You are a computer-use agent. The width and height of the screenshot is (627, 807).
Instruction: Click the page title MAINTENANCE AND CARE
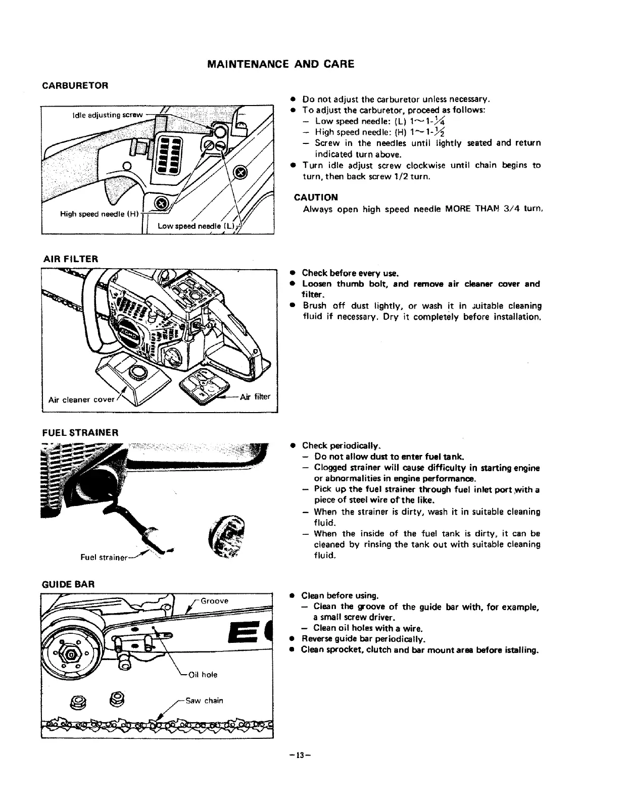(x=281, y=64)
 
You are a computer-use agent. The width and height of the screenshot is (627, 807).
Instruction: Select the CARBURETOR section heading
(x=75, y=85)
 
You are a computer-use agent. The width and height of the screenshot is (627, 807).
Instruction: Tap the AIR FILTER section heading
(x=70, y=259)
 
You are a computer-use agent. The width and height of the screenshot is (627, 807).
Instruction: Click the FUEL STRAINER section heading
(x=80, y=433)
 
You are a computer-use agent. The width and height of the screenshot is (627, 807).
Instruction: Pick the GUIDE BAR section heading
(x=68, y=585)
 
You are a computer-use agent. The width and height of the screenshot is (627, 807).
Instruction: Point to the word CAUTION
(x=316, y=197)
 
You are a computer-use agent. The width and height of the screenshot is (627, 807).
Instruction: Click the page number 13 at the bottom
(x=302, y=755)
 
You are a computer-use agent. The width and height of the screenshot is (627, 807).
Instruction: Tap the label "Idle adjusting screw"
(x=108, y=115)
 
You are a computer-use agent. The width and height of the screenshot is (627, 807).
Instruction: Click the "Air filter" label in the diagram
(x=255, y=396)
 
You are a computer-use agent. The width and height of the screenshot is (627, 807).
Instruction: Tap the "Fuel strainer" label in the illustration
(x=104, y=558)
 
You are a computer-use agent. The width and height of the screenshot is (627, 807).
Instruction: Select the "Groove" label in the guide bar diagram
(x=215, y=601)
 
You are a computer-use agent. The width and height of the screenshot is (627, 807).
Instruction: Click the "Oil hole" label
(x=203, y=675)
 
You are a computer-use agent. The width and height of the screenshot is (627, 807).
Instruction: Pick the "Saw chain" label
(x=204, y=700)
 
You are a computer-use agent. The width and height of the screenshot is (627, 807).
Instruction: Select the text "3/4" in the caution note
(x=511, y=209)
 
